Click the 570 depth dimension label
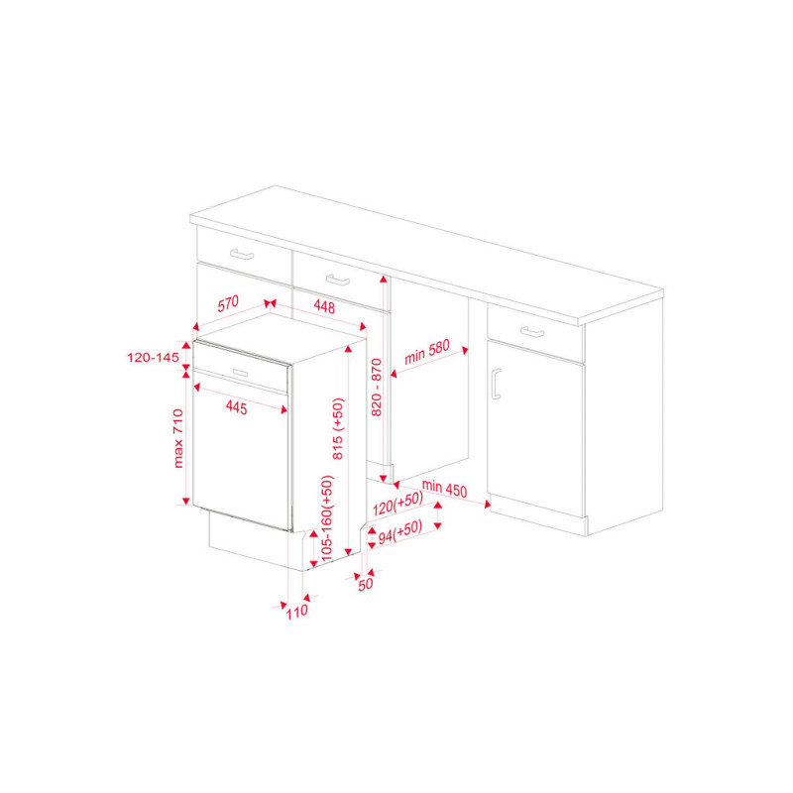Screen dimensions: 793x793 point(228,304)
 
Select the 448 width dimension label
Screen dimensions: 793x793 point(324,306)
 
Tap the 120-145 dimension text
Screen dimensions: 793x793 point(154,358)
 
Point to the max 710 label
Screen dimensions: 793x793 point(178,438)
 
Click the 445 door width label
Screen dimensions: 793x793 point(236,407)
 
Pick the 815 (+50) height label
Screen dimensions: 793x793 point(338,429)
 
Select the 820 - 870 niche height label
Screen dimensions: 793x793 point(377,388)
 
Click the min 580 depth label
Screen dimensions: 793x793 point(427,353)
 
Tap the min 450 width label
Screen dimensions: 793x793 point(444,489)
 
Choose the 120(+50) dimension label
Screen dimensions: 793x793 point(398,504)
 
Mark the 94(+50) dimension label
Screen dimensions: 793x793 point(400,532)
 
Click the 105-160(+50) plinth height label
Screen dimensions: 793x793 point(328,517)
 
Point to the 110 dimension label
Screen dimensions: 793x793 point(296,612)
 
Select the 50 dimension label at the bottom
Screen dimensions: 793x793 point(365,584)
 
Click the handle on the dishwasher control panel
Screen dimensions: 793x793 point(240,373)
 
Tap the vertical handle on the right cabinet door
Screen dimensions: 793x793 point(496,384)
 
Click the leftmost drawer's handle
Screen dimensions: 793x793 point(242,254)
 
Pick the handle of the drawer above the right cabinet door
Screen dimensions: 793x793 point(532,332)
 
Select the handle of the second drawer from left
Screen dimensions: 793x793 point(338,280)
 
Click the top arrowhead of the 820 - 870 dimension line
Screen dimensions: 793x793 point(384,279)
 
